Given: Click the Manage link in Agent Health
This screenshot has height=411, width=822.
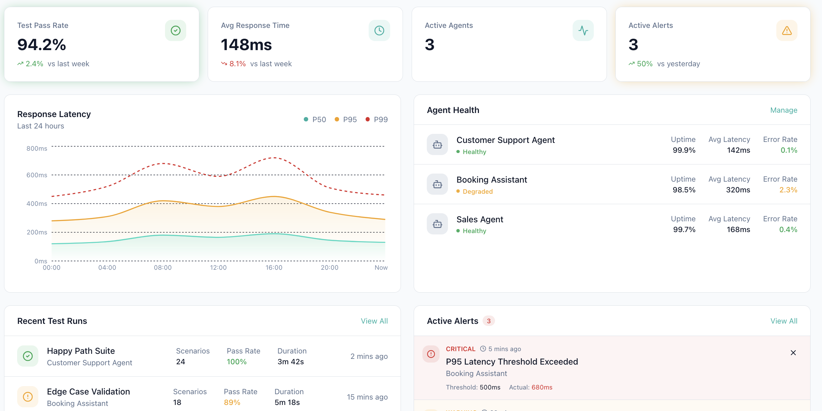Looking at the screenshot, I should pos(783,110).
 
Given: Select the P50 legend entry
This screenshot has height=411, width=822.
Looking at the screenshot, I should pos(315,120).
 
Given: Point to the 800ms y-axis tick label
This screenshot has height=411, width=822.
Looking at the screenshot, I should pos(37,149).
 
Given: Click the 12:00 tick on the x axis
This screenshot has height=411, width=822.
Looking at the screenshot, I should pos(218,268).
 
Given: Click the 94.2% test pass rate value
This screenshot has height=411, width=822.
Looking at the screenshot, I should pos(42,45).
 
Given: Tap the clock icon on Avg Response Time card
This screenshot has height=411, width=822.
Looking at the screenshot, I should pos(379,31).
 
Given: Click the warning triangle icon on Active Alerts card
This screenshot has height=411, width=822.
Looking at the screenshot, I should pos(786,31).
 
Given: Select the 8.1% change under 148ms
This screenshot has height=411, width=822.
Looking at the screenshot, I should pos(237,64).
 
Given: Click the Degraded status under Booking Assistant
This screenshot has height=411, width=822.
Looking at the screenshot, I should pos(477,192).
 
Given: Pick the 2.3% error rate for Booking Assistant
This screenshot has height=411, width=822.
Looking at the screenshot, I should pos(788,190).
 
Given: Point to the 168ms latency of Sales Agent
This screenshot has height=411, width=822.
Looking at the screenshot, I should pos(738,230).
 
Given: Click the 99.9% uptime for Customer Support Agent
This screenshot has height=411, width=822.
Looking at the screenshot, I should pos(684,150).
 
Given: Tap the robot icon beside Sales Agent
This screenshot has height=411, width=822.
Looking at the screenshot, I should pos(437,224).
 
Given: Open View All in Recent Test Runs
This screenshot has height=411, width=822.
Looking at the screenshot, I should pos(374,321).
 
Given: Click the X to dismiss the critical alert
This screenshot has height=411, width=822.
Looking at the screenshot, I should pos(793,353).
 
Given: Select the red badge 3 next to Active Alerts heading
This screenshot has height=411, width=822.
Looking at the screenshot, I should pos(489,321).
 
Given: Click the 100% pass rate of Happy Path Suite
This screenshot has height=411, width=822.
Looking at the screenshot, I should pos(237,362).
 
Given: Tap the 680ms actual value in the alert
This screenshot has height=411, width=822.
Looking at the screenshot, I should pos(542,387).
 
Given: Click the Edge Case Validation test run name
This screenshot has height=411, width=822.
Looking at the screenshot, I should pos(88,392).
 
